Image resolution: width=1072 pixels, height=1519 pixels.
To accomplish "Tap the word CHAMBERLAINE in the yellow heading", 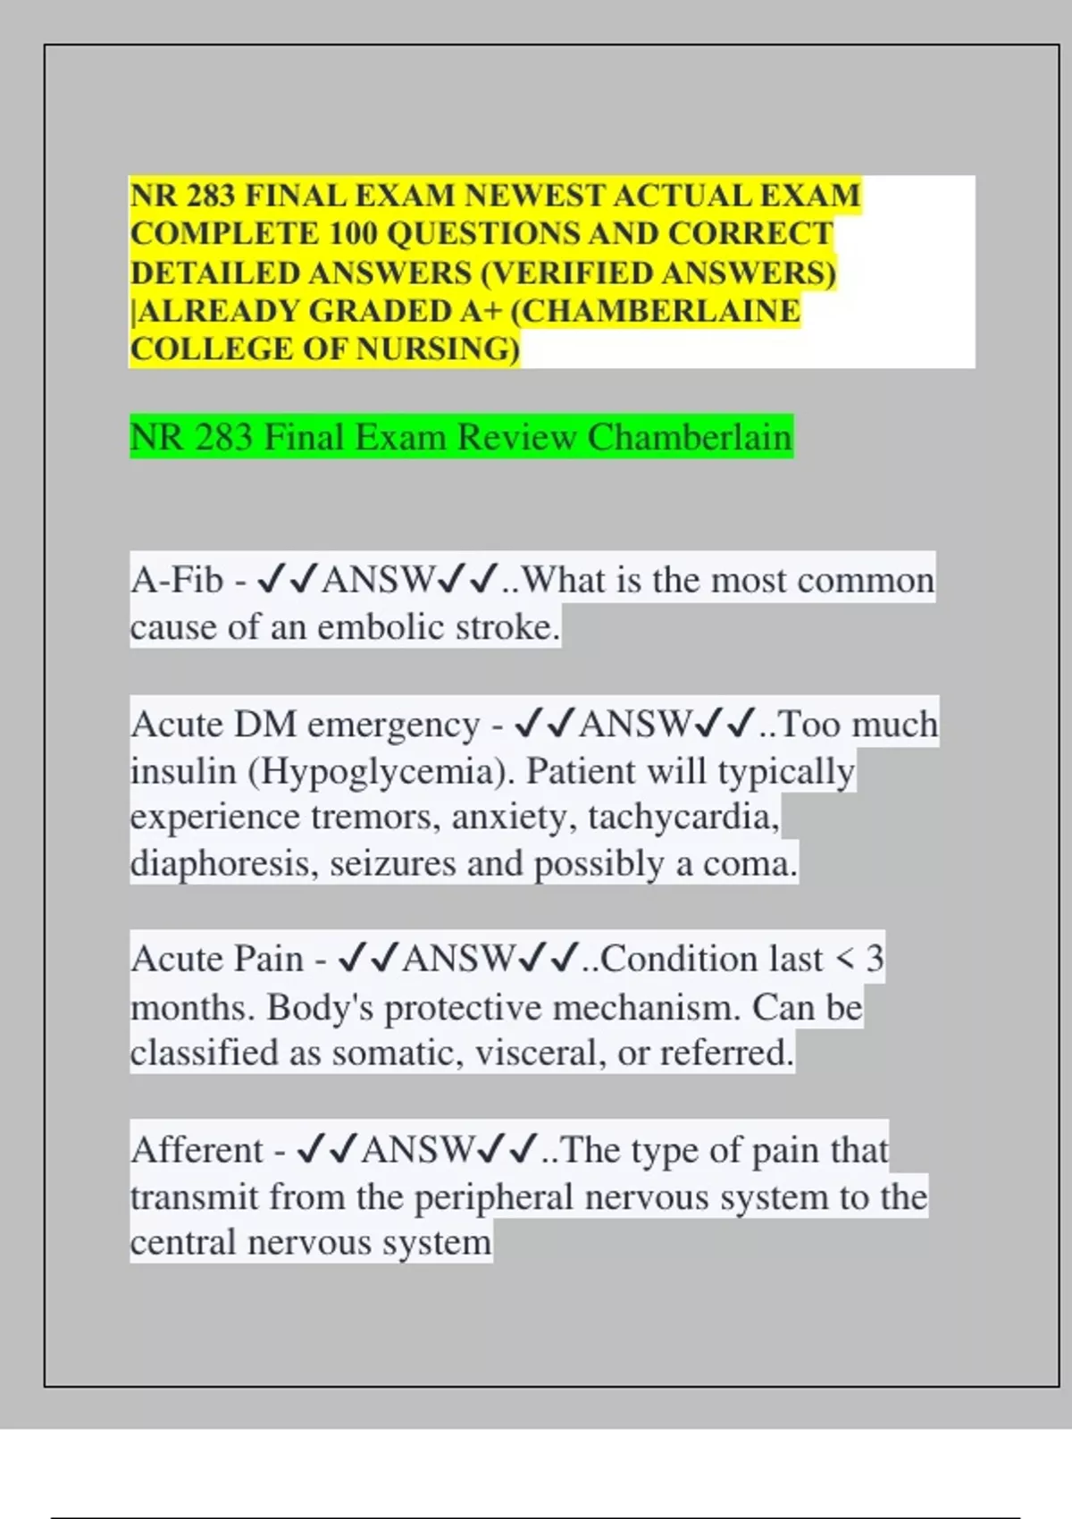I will (659, 311).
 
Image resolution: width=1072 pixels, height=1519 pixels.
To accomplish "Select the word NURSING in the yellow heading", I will (438, 349).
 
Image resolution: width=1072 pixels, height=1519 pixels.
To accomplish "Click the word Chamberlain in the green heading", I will (689, 438).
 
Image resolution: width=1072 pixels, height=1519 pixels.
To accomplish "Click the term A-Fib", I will (176, 581).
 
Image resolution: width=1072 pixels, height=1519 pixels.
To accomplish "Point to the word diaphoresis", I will (224, 864).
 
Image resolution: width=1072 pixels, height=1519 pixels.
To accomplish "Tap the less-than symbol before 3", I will (844, 960).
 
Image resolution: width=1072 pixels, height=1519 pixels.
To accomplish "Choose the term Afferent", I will (197, 1150).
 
